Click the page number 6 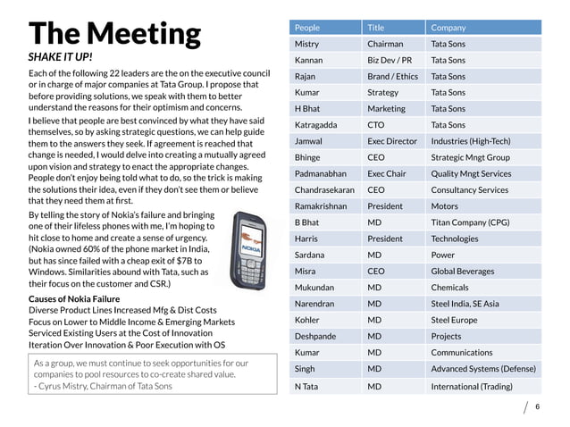point(538,406)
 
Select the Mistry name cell point(307,44)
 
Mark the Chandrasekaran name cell point(324,190)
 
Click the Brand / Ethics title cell point(392,77)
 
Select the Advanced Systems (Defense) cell point(483,369)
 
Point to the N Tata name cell point(306,386)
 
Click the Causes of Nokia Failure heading point(74,298)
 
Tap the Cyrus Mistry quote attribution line point(103,386)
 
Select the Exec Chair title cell point(386,174)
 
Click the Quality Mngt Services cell point(471,174)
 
